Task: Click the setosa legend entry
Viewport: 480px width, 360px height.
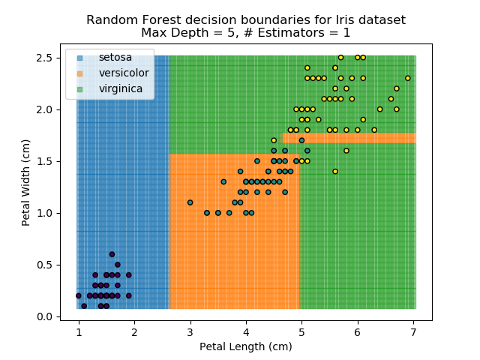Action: [112, 57]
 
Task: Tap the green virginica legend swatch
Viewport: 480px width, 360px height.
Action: [79, 88]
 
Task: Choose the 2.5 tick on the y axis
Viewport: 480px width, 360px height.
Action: [45, 58]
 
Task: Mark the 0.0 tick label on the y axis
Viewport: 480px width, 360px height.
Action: [45, 316]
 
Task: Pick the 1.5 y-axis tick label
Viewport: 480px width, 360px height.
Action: [45, 161]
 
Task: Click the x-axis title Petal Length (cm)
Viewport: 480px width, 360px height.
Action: [245, 346]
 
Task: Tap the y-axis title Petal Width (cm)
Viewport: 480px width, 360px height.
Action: [26, 181]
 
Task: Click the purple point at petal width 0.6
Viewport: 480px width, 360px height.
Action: [112, 254]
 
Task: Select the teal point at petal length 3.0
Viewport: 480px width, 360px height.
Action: [190, 202]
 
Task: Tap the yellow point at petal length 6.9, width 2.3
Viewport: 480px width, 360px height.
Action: [408, 78]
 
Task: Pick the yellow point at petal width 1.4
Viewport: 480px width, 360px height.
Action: [335, 172]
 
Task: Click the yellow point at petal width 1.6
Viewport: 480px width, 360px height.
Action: [346, 151]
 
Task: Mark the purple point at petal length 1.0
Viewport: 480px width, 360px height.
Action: [78, 295]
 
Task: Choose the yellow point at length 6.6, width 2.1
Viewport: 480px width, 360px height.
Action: [391, 99]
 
